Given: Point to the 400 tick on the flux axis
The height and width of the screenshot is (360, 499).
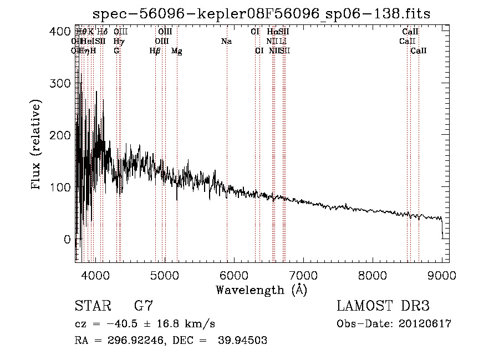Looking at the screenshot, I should (x=62, y=32).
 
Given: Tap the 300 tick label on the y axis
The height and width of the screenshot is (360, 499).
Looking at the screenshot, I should (x=62, y=83).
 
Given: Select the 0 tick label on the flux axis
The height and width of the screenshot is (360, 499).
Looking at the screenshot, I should (x=67, y=239).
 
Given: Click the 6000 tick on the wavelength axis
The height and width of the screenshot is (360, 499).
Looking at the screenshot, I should (x=233, y=274).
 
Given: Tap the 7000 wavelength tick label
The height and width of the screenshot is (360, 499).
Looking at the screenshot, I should (x=303, y=274).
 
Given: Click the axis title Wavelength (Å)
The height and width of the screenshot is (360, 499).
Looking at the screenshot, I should (x=261, y=290).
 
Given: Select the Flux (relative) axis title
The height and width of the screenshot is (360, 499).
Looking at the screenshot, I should (x=37, y=145).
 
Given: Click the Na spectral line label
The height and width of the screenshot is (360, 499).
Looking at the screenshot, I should (x=226, y=42).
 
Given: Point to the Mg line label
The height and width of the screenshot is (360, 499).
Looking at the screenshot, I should (x=177, y=51).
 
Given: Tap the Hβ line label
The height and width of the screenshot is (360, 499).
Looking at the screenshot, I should (x=155, y=51).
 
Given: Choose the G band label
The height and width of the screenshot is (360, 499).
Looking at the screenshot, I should (x=116, y=51).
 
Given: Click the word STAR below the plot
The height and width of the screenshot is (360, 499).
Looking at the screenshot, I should (x=92, y=306).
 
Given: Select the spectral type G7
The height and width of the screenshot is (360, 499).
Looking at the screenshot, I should (x=143, y=306).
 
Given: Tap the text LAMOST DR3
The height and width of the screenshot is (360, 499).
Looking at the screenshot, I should (x=383, y=306).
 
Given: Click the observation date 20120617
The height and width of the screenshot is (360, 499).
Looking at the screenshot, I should (x=425, y=324).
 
